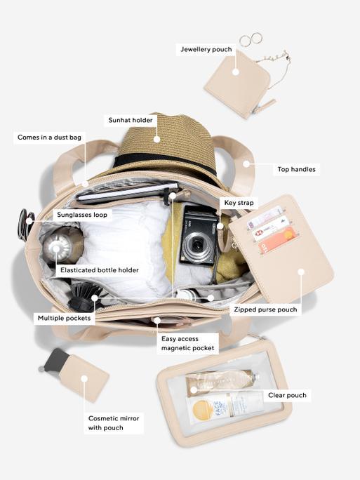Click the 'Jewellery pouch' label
pyautogui.click(x=206, y=49)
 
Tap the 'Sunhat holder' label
pyautogui.click(x=131, y=120)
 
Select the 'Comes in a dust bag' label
pyautogui.click(x=49, y=137)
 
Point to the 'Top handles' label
pyautogui.click(x=296, y=169)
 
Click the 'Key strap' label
pyautogui.click(x=239, y=203)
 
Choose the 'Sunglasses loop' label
pyautogui.click(x=82, y=215)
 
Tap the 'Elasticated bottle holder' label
pyautogui.click(x=100, y=270)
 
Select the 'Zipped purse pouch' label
pyautogui.click(x=265, y=309)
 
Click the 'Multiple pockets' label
pyautogui.click(x=65, y=318)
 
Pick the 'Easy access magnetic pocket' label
pyautogui.click(x=187, y=343)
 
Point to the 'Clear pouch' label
pyautogui.click(x=287, y=395)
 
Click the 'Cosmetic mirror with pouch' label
pyautogui.click(x=114, y=423)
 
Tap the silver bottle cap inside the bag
pyautogui.click(x=56, y=248)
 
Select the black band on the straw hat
pyautogui.click(x=166, y=163)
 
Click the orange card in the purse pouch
pyautogui.click(x=277, y=241)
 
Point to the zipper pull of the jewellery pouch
pyautogui.click(x=265, y=106)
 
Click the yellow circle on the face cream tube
pyautogui.click(x=203, y=409)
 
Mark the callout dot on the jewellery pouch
pyautogui.click(x=235, y=72)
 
